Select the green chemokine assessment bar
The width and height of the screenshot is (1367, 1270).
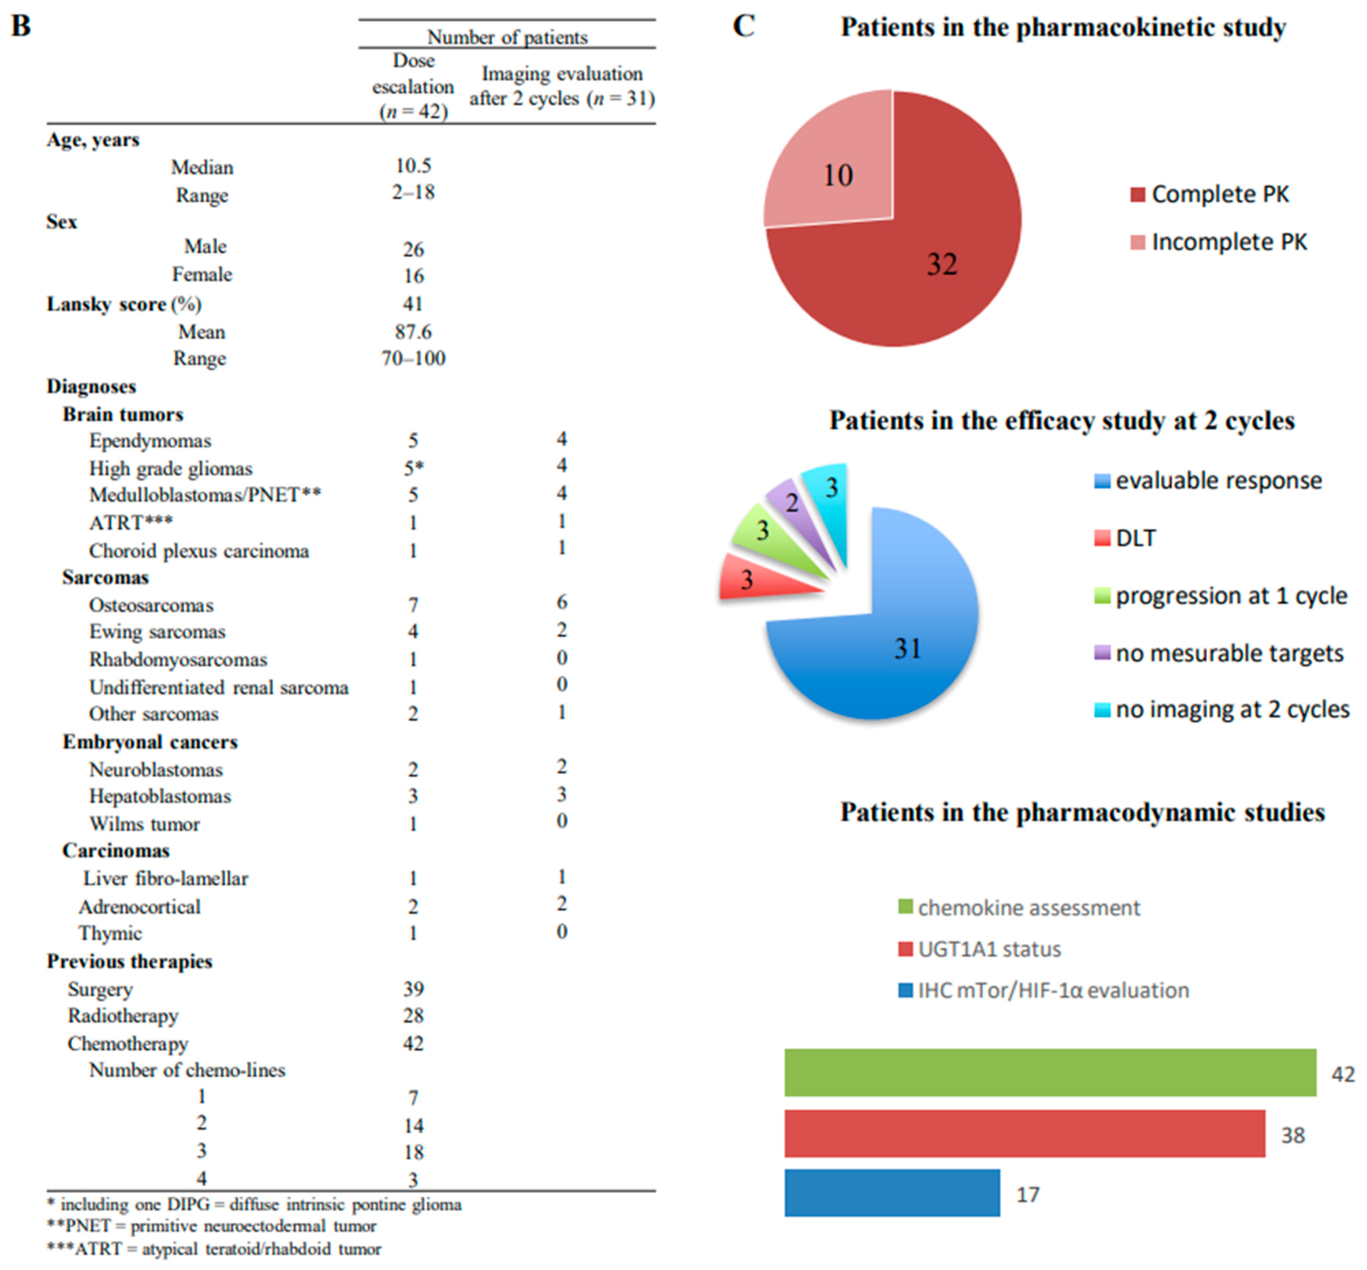[1049, 1072]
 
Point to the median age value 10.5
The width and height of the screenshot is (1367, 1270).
[413, 166]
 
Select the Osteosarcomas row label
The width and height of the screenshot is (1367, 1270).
[151, 605]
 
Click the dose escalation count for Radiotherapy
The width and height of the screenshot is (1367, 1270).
[413, 1015]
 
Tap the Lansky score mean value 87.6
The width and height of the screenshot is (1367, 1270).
[413, 332]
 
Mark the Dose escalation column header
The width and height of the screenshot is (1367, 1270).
[413, 86]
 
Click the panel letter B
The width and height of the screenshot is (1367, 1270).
[21, 26]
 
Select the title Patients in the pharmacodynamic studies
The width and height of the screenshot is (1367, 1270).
[1082, 812]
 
